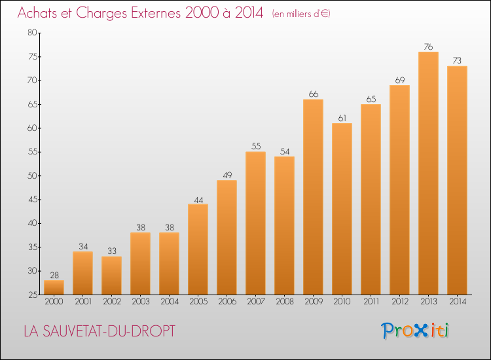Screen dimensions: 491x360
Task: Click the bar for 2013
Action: (428, 173)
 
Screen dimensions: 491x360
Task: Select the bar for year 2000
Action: (54, 287)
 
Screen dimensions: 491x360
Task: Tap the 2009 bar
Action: (313, 197)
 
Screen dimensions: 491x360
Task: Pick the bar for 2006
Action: (227, 238)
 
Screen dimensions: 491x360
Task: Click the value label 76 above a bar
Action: (428, 46)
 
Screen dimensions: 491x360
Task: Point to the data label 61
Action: (342, 118)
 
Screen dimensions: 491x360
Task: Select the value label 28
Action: (54, 275)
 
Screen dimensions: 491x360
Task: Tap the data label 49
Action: (227, 175)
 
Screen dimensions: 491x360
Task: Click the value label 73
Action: (457, 60)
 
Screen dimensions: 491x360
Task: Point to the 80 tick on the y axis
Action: (32, 32)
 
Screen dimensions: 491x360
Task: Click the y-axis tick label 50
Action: (32, 175)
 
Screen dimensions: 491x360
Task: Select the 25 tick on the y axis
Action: (33, 295)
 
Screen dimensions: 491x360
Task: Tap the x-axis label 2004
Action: (170, 302)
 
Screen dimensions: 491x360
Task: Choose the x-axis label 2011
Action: (371, 302)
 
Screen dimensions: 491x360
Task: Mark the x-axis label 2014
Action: (458, 302)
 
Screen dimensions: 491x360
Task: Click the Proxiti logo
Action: (415, 331)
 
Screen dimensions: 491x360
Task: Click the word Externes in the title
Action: (156, 13)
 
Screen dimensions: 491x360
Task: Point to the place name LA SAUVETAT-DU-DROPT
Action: (100, 331)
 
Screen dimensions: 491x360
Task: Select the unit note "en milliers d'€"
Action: (301, 14)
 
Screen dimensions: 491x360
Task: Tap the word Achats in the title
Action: (37, 13)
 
